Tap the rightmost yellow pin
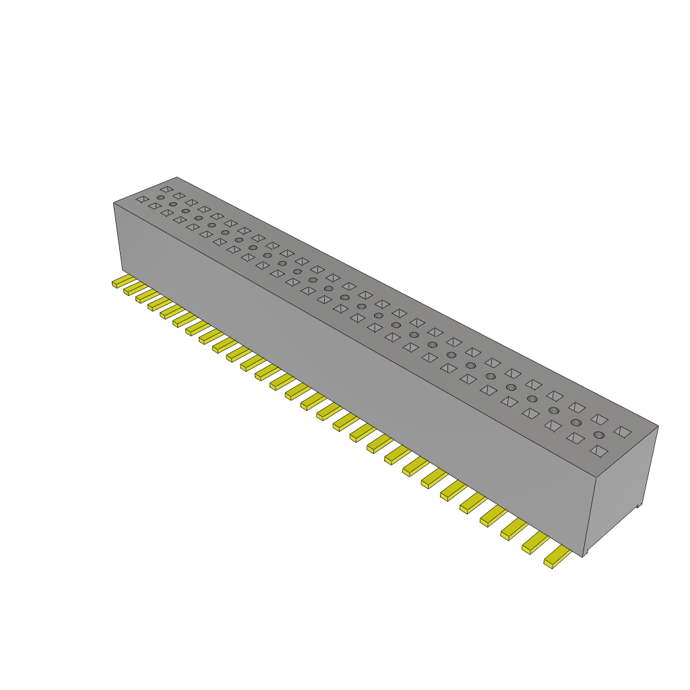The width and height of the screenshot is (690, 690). click(557, 557)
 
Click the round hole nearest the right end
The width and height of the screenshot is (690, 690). click(598, 435)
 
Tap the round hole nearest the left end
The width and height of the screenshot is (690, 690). click(160, 197)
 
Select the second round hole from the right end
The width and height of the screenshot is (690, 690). click(576, 422)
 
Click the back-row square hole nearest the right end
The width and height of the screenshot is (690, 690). click(623, 431)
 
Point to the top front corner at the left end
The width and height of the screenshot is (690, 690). click(113, 202)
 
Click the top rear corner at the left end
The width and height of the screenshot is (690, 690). click(177, 177)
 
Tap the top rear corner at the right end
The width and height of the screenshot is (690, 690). click(658, 425)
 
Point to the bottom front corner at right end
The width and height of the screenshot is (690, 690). click(582, 555)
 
